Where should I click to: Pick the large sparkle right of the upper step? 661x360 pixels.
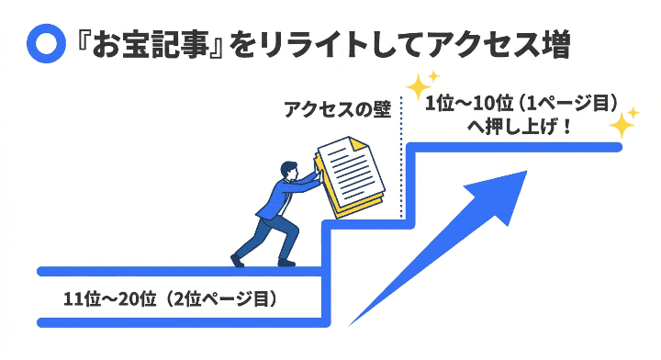pos(623,122)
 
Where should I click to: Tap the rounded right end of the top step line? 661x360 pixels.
pos(620,147)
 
